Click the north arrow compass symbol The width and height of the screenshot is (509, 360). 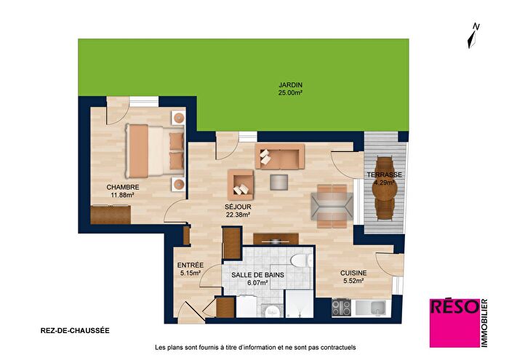[474, 35]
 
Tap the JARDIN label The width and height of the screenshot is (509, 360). [290, 86]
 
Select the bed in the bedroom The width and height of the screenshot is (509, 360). [148, 151]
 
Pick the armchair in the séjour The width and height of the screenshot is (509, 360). [241, 185]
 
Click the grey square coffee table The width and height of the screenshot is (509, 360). [279, 181]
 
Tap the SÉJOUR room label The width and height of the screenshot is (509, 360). [238, 207]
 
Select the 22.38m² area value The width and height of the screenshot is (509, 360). [238, 215]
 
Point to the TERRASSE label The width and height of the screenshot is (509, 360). [384, 175]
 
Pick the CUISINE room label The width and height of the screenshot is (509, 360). [352, 273]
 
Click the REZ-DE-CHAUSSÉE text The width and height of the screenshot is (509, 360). [76, 330]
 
